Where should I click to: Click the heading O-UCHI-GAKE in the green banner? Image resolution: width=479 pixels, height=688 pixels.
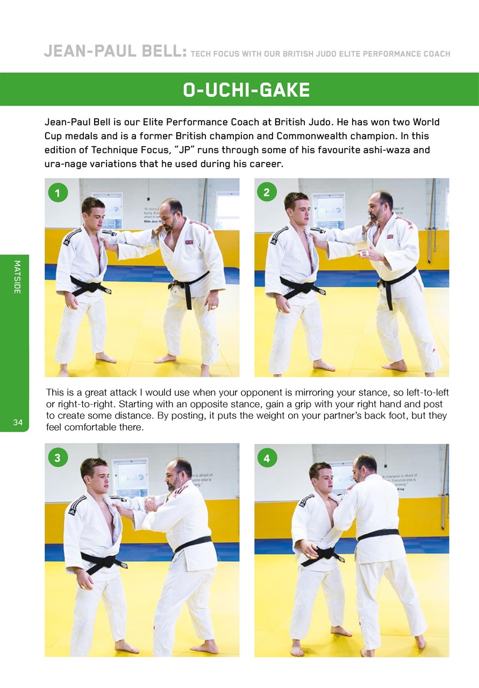click(x=246, y=90)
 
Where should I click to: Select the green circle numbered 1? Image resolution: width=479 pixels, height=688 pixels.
click(x=58, y=192)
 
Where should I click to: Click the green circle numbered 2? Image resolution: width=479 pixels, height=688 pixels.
click(x=267, y=192)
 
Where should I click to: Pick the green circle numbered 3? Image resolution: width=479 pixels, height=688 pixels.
click(x=58, y=457)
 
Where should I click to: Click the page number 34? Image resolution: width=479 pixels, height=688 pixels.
click(x=18, y=423)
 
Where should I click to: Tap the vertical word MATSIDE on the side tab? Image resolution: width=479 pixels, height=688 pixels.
click(x=17, y=277)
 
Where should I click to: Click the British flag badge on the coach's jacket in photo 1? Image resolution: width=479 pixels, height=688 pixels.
click(x=189, y=242)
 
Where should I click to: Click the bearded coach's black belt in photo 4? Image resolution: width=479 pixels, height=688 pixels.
click(x=378, y=534)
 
